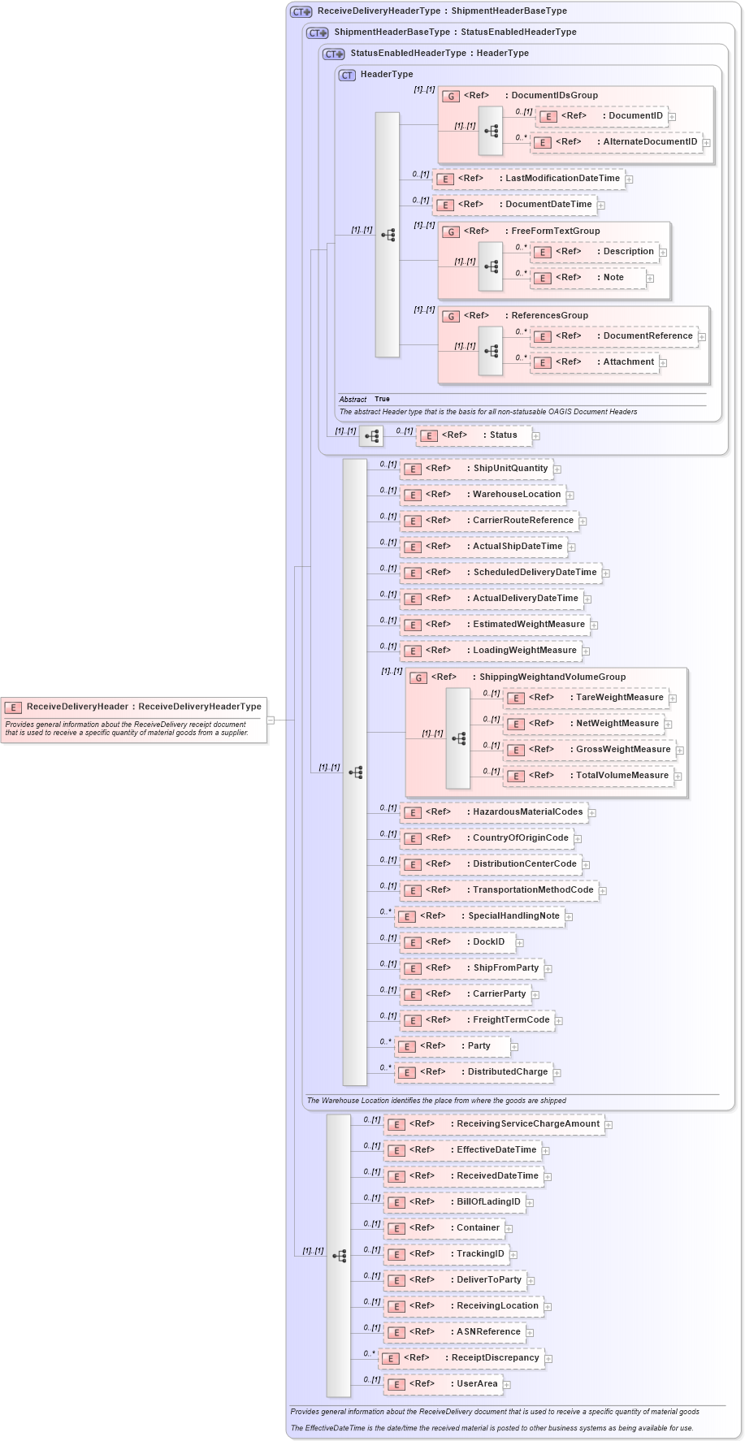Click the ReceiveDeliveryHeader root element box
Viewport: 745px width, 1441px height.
pyautogui.click(x=134, y=707)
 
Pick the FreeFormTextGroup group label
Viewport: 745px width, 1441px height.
pyautogui.click(x=555, y=232)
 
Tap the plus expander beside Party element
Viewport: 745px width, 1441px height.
pyautogui.click(x=514, y=1047)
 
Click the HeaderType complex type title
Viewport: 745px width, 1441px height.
pyautogui.click(x=387, y=75)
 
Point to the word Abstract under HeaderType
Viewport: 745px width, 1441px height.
pyautogui.click(x=353, y=400)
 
